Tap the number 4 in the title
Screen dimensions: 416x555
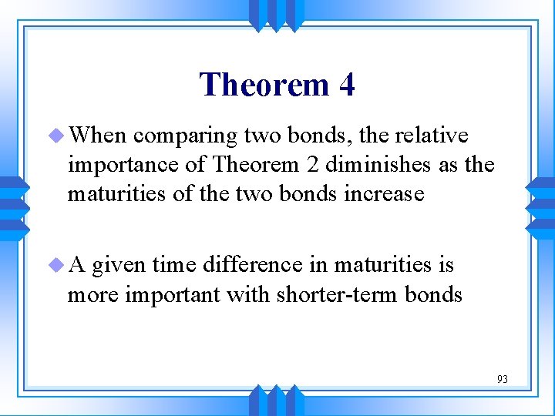pyautogui.click(x=346, y=84)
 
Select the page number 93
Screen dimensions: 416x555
pyautogui.click(x=502, y=379)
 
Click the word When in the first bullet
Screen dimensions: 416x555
pyautogui.click(x=96, y=136)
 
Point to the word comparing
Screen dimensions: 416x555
pyautogui.click(x=184, y=136)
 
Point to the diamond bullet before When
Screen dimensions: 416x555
pyautogui.click(x=59, y=136)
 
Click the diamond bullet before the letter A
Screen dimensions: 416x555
pyautogui.click(x=59, y=265)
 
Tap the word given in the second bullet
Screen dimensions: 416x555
pyautogui.click(x=119, y=266)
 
